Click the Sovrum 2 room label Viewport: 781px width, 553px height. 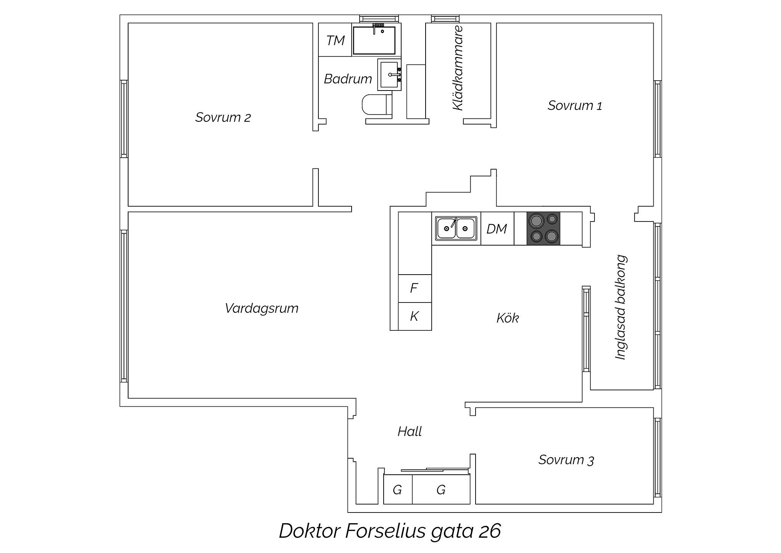223,117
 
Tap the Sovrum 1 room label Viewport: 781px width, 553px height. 575,105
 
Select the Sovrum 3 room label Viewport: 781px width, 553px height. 566,460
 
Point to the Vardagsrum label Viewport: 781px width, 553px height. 262,308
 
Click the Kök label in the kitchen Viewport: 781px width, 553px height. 508,318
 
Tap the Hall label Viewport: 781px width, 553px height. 410,432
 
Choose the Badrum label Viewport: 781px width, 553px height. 348,79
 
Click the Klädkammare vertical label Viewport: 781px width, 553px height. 458,68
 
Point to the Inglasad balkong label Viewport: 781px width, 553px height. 620,307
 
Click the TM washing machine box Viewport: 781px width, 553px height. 335,40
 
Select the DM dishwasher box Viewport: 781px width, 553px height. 497,228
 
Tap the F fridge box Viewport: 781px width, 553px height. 415,288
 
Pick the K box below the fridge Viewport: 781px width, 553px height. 415,316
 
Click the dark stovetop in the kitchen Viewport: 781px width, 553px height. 543,228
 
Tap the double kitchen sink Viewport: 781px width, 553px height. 456,228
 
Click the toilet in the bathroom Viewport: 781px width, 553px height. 376,104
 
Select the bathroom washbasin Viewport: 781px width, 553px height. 389,74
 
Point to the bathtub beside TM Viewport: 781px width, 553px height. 374,40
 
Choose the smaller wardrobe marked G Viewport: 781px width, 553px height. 398,489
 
